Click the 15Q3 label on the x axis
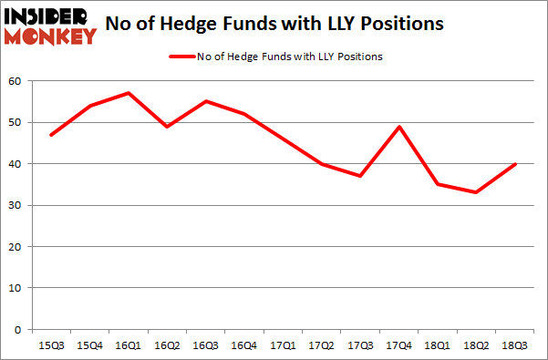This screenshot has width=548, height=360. (51, 345)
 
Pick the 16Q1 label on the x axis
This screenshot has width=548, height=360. (129, 345)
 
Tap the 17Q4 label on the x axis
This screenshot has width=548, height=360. (399, 345)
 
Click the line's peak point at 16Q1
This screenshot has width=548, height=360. (129, 93)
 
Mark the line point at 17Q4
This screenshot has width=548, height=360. (399, 127)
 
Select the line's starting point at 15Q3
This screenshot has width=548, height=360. (51, 135)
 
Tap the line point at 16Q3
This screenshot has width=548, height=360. (206, 101)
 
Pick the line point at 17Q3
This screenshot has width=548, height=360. (361, 176)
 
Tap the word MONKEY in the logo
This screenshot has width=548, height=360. (51, 36)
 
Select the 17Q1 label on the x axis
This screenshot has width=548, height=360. (284, 345)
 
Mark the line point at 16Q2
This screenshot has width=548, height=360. (168, 127)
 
